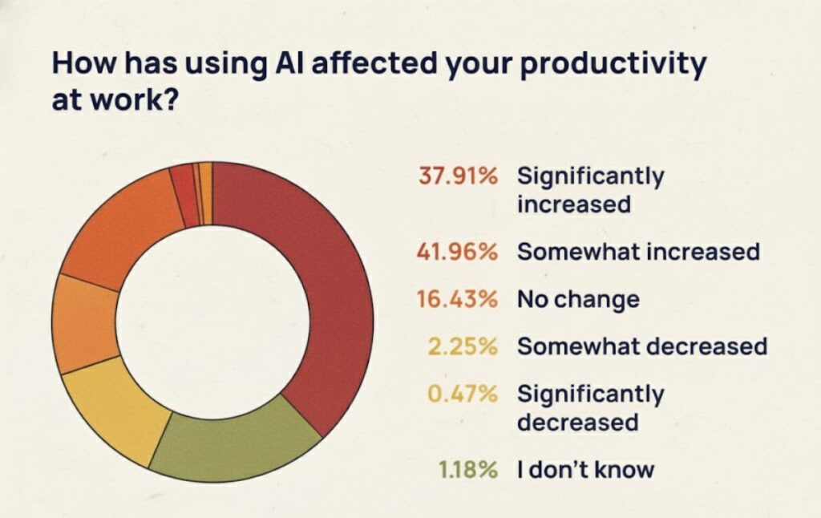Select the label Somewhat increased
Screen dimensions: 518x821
(638, 252)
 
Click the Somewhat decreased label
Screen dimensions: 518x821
(642, 346)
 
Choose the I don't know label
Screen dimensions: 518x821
(585, 469)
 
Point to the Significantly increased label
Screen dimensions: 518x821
(590, 190)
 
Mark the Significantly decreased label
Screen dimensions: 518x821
(590, 408)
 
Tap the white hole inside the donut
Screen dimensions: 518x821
(212, 321)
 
